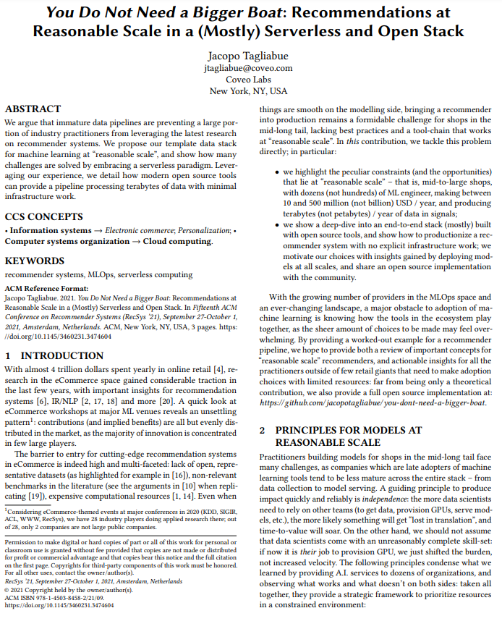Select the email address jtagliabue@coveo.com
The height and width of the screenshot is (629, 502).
[x=248, y=68]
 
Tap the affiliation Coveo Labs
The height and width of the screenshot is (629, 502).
[x=248, y=80]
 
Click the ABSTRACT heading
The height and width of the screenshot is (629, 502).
[x=33, y=109]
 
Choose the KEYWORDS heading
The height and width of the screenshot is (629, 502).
[x=36, y=260]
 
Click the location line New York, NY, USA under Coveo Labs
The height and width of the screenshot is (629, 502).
[x=248, y=91]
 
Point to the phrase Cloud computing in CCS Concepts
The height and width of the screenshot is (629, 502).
[x=177, y=242]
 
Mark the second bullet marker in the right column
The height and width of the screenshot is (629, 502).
[x=267, y=226]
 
